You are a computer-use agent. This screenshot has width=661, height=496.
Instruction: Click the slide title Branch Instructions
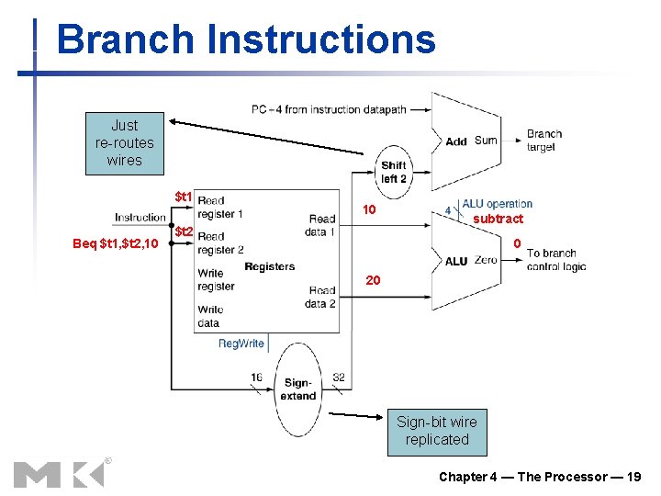point(245,40)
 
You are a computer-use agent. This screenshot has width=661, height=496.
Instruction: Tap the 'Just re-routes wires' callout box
point(125,143)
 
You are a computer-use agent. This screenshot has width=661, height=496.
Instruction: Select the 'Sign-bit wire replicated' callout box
point(437,431)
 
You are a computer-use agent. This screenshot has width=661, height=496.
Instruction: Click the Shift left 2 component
point(394,172)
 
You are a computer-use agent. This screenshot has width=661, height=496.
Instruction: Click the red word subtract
point(498,219)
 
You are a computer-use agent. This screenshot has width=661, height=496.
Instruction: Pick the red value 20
point(373,280)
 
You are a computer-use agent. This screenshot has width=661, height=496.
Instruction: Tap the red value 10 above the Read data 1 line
point(369,210)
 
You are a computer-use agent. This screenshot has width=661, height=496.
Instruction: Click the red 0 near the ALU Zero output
point(517,243)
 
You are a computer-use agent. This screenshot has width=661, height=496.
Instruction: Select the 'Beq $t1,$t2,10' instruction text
point(116,243)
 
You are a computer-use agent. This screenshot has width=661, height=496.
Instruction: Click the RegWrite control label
point(241,344)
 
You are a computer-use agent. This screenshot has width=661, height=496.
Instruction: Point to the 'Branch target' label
point(543,141)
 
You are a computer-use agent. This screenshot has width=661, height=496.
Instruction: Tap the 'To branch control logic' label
point(556,260)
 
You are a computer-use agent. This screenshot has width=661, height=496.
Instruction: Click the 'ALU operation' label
point(497,204)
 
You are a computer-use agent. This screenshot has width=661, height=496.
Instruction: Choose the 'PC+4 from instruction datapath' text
point(328,109)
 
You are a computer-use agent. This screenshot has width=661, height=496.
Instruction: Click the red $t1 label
point(184,197)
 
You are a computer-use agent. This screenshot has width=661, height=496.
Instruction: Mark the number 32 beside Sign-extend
point(339,377)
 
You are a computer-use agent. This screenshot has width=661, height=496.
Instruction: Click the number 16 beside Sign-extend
point(256,377)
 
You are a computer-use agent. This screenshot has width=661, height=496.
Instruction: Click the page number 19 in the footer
point(633,477)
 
